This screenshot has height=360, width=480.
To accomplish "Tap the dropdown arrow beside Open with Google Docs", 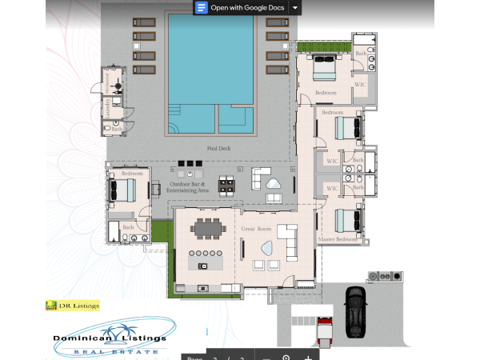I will click(295, 7).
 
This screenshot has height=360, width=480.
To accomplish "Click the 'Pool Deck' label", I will click(218, 149).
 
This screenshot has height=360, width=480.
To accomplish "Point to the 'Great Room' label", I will click(256, 229).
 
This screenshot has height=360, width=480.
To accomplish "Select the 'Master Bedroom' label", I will click(338, 239).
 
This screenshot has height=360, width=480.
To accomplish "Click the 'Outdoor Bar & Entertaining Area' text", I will click(189, 187).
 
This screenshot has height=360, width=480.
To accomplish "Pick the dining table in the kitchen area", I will click(209, 230).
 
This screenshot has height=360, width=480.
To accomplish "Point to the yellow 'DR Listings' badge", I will click(73, 305).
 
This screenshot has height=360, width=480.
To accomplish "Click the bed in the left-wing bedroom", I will click(122, 189).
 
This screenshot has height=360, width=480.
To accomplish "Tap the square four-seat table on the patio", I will click(229, 185).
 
